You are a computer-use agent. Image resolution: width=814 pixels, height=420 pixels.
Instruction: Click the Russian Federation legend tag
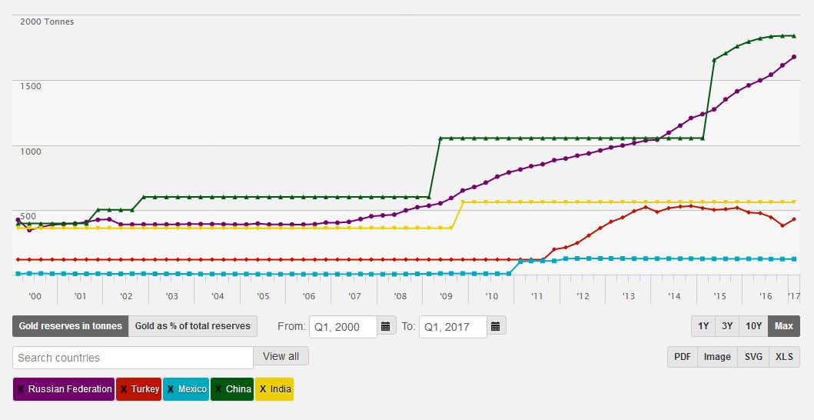coord(64,389)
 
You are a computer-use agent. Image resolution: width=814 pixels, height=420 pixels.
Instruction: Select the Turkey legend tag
coord(139,389)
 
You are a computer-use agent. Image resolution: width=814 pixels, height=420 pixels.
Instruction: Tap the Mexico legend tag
coord(186,389)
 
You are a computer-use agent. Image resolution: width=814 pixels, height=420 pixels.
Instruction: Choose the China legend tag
coord(232,389)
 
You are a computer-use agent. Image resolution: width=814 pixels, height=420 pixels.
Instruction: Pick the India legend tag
coord(274,389)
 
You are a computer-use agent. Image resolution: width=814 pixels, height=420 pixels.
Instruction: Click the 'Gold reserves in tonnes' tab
coord(71,326)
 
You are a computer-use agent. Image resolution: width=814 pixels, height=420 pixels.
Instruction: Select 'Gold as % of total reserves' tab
coord(193,326)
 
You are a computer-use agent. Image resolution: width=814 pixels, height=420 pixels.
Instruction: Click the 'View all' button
coord(281,357)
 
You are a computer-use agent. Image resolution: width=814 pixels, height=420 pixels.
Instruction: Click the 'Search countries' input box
coord(133,358)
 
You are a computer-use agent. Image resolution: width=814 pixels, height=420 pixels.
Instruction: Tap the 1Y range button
coord(703,326)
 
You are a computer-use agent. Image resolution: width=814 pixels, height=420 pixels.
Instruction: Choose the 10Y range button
coord(754,326)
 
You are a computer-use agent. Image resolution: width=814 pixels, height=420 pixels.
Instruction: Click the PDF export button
coord(683,357)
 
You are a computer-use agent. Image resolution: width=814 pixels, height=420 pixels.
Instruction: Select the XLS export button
coord(784,357)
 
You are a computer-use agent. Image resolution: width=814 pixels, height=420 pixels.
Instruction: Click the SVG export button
coord(754,357)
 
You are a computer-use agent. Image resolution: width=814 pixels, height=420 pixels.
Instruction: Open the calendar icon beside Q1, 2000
coord(387,326)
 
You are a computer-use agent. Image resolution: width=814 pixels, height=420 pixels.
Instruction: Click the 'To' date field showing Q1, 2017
coord(453,326)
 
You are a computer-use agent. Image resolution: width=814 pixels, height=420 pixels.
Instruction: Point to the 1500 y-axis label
coord(31,86)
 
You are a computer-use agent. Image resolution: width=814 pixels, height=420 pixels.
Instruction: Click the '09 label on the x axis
coord(446,296)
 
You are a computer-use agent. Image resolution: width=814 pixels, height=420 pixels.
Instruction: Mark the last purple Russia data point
coord(794,57)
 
